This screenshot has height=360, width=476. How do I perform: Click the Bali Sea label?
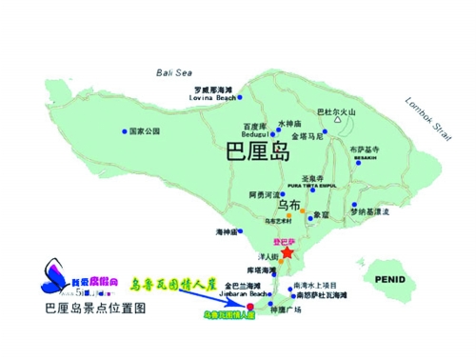[x=174, y=71]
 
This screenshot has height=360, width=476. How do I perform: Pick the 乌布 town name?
[x=289, y=205]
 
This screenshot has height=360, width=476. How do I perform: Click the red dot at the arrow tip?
[x=250, y=308]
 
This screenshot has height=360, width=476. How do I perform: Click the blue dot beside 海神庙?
[x=239, y=231]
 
